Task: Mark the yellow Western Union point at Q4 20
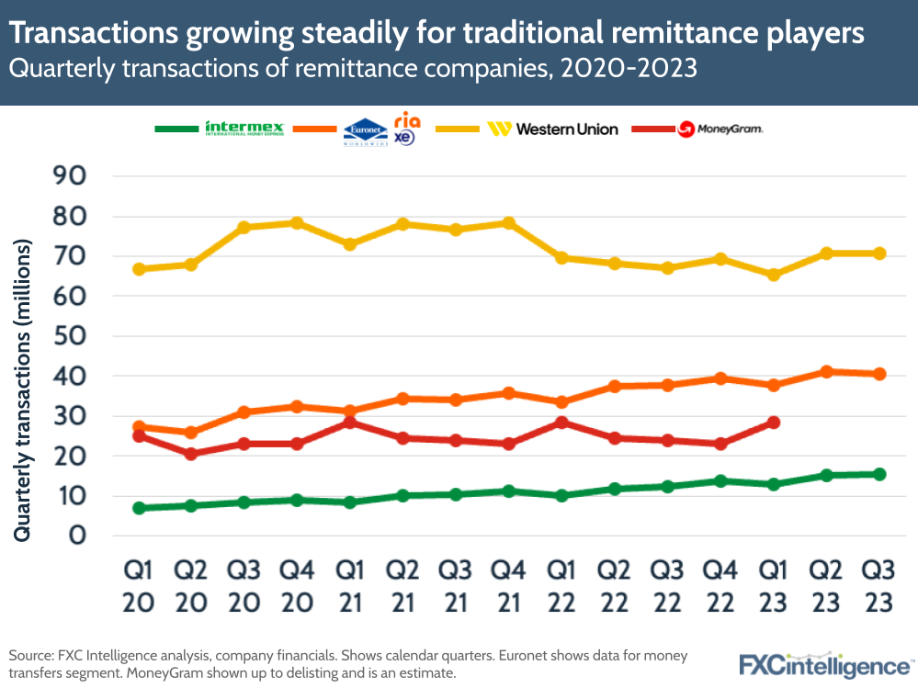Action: (x=298, y=223)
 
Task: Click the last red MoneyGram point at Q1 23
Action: (x=773, y=423)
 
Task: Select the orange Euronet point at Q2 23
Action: (x=826, y=372)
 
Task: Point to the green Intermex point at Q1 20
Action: (x=139, y=508)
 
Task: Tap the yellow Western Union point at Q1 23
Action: (x=773, y=275)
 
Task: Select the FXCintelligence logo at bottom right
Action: (x=823, y=663)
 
